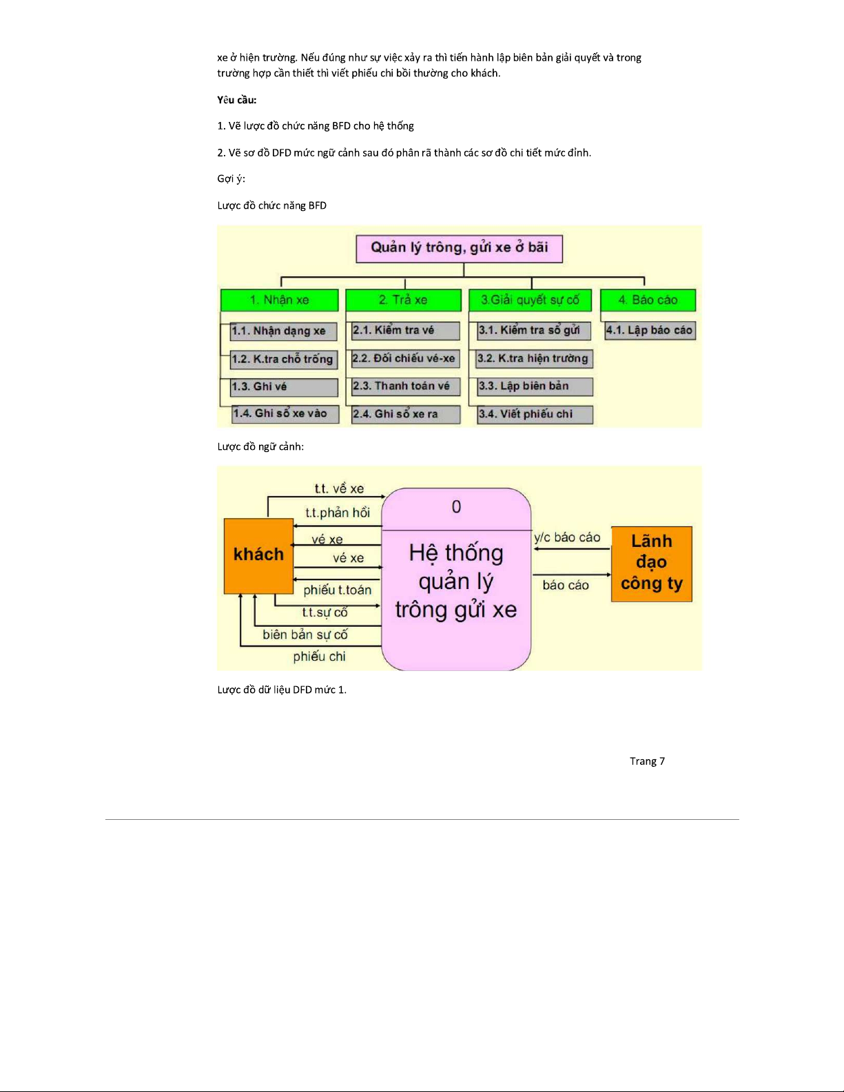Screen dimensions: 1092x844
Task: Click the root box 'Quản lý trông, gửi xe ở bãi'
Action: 459,248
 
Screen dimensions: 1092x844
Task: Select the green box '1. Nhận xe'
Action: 279,300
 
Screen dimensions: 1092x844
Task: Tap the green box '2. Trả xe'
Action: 403,300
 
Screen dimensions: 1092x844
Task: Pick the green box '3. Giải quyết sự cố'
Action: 530,300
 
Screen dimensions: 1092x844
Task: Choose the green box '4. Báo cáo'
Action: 648,300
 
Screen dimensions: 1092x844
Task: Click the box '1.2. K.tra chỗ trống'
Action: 282,359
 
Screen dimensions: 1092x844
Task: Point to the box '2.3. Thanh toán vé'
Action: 405,387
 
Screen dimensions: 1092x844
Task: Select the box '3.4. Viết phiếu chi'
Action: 535,414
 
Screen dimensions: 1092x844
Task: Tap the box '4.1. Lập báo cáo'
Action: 649,331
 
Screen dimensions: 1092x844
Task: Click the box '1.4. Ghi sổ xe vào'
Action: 285,413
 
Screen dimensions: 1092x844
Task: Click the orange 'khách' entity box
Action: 258,555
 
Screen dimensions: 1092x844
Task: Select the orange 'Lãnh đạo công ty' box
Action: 651,563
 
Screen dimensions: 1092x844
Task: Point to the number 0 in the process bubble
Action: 456,507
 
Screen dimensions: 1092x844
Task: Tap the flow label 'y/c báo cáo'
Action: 567,537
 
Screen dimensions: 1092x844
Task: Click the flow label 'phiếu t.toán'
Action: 337,590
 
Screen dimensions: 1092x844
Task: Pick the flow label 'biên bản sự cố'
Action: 305,635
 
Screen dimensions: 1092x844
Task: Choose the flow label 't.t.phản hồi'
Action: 338,513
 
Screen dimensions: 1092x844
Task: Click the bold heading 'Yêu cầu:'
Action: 237,100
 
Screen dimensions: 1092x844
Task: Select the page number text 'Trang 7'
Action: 647,761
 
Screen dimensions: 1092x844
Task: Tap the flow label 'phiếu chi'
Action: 319,657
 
